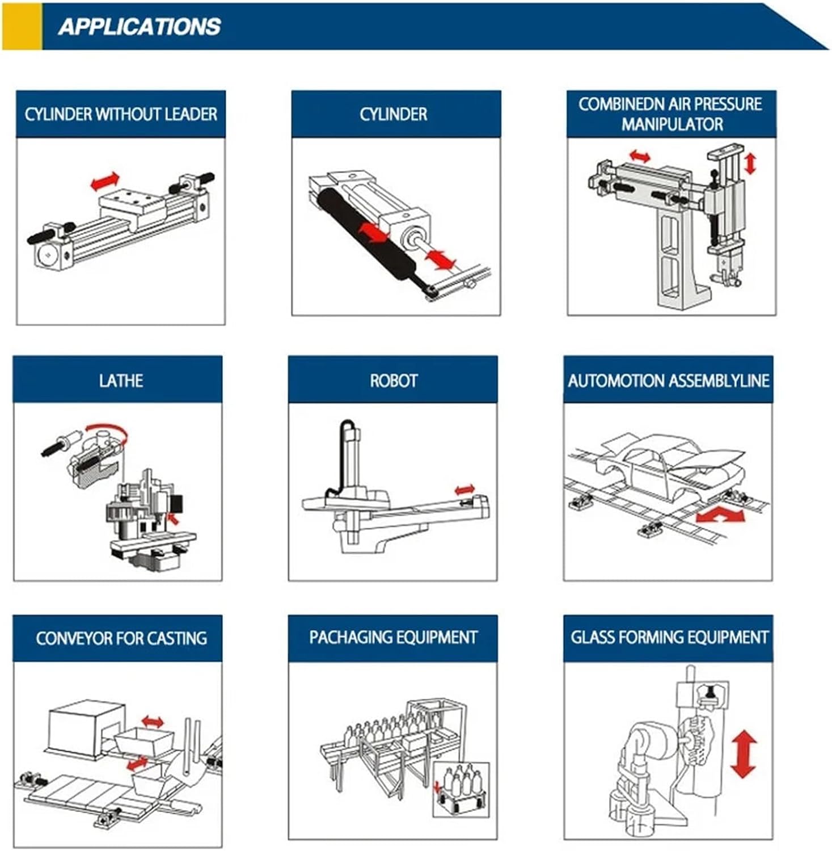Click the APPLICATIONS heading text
tap(139, 27)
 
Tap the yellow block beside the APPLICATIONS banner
tap(22, 27)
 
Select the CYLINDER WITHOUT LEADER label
tap(121, 114)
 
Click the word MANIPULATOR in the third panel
tap(672, 124)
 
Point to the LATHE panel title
tap(121, 380)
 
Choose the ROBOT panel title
tap(394, 380)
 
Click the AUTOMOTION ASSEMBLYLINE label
tap(669, 380)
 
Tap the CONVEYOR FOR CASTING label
tap(121, 638)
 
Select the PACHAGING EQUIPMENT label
tap(393, 637)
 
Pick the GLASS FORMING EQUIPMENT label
tap(669, 637)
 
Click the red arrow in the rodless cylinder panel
tap(105, 182)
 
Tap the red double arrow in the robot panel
tap(465, 489)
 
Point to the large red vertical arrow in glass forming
tap(744, 753)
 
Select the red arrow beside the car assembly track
tap(720, 516)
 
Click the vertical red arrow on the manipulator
tap(750, 163)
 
